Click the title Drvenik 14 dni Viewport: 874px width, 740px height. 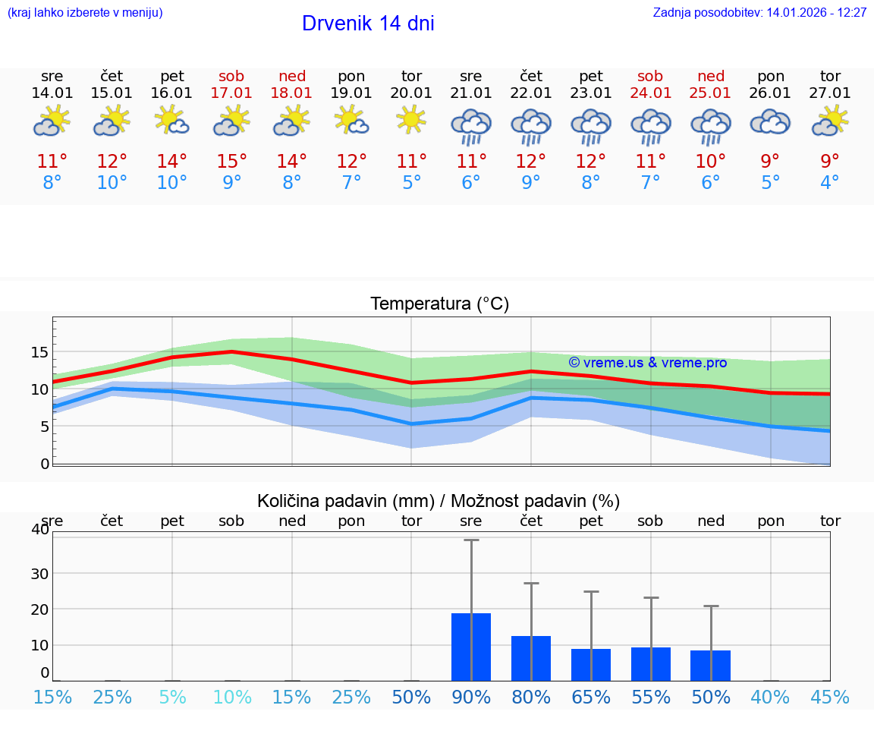pos(368,24)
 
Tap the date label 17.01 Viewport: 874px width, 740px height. pos(231,93)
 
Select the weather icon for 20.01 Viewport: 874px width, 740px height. pos(411,121)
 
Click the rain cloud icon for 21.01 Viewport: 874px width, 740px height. pos(471,126)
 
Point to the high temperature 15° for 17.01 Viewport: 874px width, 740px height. pos(231,161)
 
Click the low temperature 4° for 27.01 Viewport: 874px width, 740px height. pos(830,183)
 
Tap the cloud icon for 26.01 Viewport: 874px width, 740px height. pos(770,122)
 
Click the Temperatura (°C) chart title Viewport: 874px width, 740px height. pos(439,304)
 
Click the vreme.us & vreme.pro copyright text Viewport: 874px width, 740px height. pos(647,363)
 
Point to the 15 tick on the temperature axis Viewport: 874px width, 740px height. pos(39,352)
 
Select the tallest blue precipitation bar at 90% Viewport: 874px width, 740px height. pos(471,647)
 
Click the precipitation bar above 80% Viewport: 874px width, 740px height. pos(530,658)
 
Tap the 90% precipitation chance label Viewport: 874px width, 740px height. pos(471,697)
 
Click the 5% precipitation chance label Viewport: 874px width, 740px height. pos(172,697)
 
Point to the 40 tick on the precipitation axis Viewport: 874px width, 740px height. pos(39,530)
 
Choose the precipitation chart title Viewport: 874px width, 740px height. pos(439,501)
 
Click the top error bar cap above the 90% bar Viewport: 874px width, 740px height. pos(471,540)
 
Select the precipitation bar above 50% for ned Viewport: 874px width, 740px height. pos(710,666)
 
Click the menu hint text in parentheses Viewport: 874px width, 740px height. pos(85,13)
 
